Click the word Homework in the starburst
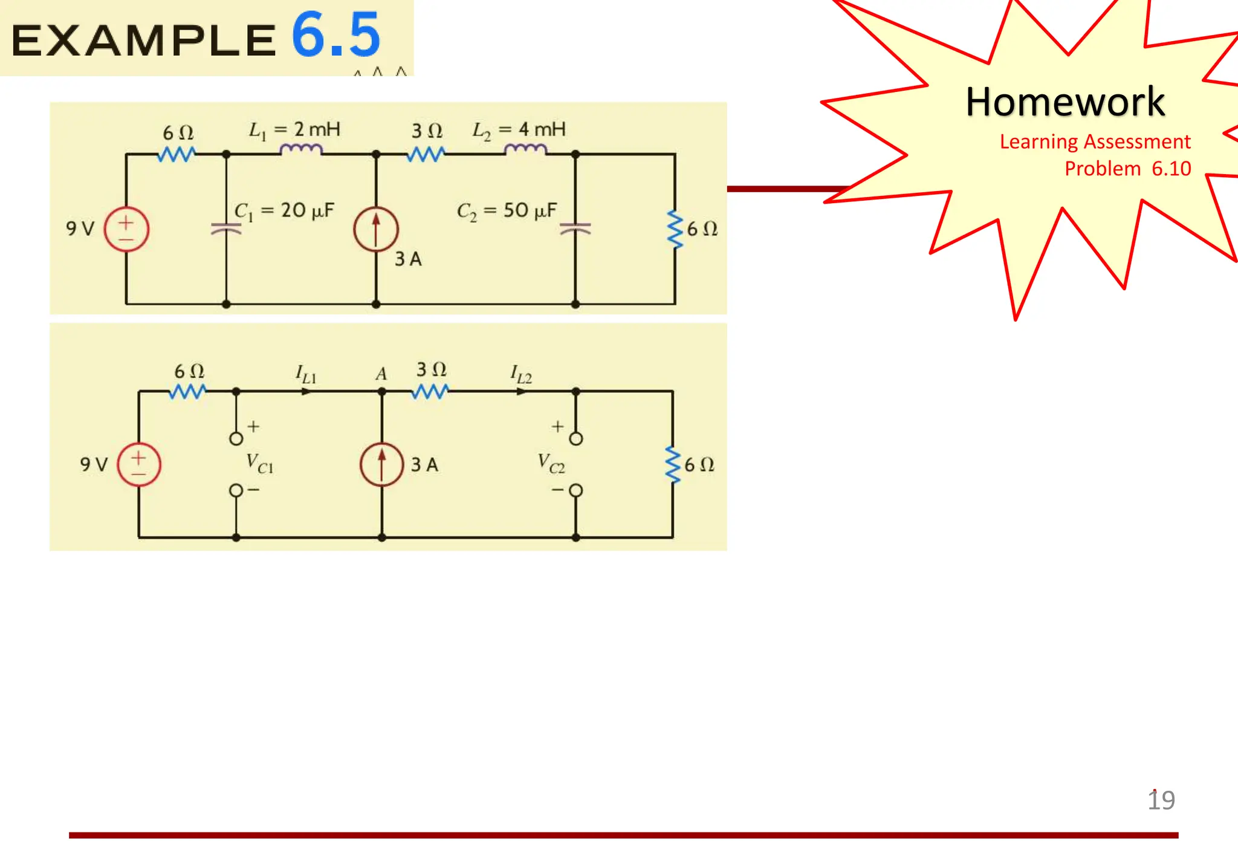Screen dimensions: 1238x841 click(x=1065, y=102)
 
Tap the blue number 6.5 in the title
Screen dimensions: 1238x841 click(x=336, y=35)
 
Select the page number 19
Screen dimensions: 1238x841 click(x=1161, y=800)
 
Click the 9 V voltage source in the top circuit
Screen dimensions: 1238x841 click(x=126, y=230)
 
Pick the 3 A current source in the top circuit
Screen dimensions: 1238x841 click(x=376, y=230)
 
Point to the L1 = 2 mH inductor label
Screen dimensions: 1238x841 click(x=294, y=130)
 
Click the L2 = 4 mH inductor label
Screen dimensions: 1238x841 click(x=519, y=130)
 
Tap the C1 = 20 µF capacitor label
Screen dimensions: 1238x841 click(x=284, y=211)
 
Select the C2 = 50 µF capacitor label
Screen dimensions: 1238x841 click(x=507, y=211)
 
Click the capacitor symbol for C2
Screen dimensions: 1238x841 click(x=575, y=229)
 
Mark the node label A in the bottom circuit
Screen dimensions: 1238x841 click(x=381, y=374)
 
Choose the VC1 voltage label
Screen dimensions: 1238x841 click(x=260, y=464)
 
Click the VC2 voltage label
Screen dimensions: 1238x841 click(x=551, y=464)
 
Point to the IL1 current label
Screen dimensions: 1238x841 click(x=306, y=375)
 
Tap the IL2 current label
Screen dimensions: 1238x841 click(x=521, y=375)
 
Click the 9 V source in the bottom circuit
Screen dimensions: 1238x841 click(x=139, y=464)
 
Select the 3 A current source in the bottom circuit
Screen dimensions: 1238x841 click(x=381, y=464)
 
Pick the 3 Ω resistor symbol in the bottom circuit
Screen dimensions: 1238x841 click(x=430, y=392)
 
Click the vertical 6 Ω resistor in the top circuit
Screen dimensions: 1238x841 click(x=675, y=229)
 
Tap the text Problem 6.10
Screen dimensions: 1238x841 click(x=1127, y=169)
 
